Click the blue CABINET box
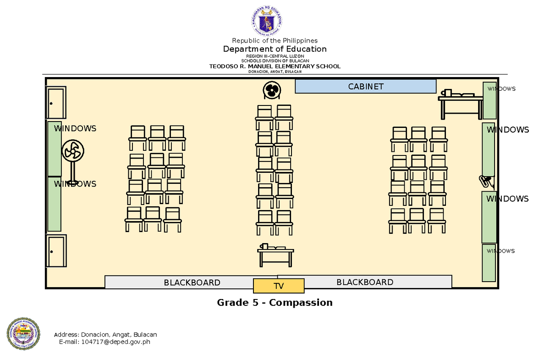click(365, 86)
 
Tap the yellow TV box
click(279, 286)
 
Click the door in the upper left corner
click(56, 103)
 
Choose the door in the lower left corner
click(56, 251)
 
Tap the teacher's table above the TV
click(275, 255)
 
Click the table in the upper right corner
click(460, 104)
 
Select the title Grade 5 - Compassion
click(275, 303)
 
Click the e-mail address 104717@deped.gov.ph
click(115, 342)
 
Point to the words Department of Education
click(275, 49)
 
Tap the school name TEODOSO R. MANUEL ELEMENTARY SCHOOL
click(275, 66)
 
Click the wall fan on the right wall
click(486, 182)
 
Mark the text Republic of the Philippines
click(275, 41)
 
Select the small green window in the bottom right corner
click(489, 263)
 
